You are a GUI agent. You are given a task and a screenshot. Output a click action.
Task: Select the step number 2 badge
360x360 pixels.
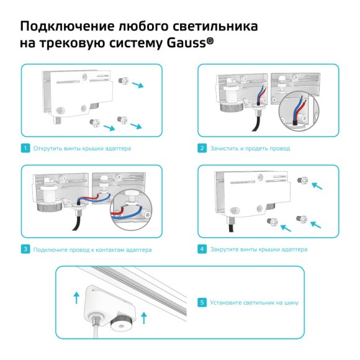click(x=202, y=148)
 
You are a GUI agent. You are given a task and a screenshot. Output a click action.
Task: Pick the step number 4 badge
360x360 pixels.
click(x=202, y=249)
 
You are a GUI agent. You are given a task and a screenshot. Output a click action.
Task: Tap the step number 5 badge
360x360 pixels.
click(x=202, y=303)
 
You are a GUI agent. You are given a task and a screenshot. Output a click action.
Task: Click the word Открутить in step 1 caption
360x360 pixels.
click(x=47, y=148)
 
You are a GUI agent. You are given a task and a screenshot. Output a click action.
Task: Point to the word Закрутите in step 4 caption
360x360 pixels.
click(x=225, y=249)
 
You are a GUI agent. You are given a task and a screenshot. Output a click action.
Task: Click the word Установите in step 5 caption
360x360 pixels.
click(x=227, y=303)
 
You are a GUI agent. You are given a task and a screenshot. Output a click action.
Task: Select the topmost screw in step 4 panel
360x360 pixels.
click(x=304, y=179)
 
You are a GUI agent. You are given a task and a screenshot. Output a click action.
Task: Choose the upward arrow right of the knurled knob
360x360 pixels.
click(x=144, y=318)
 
